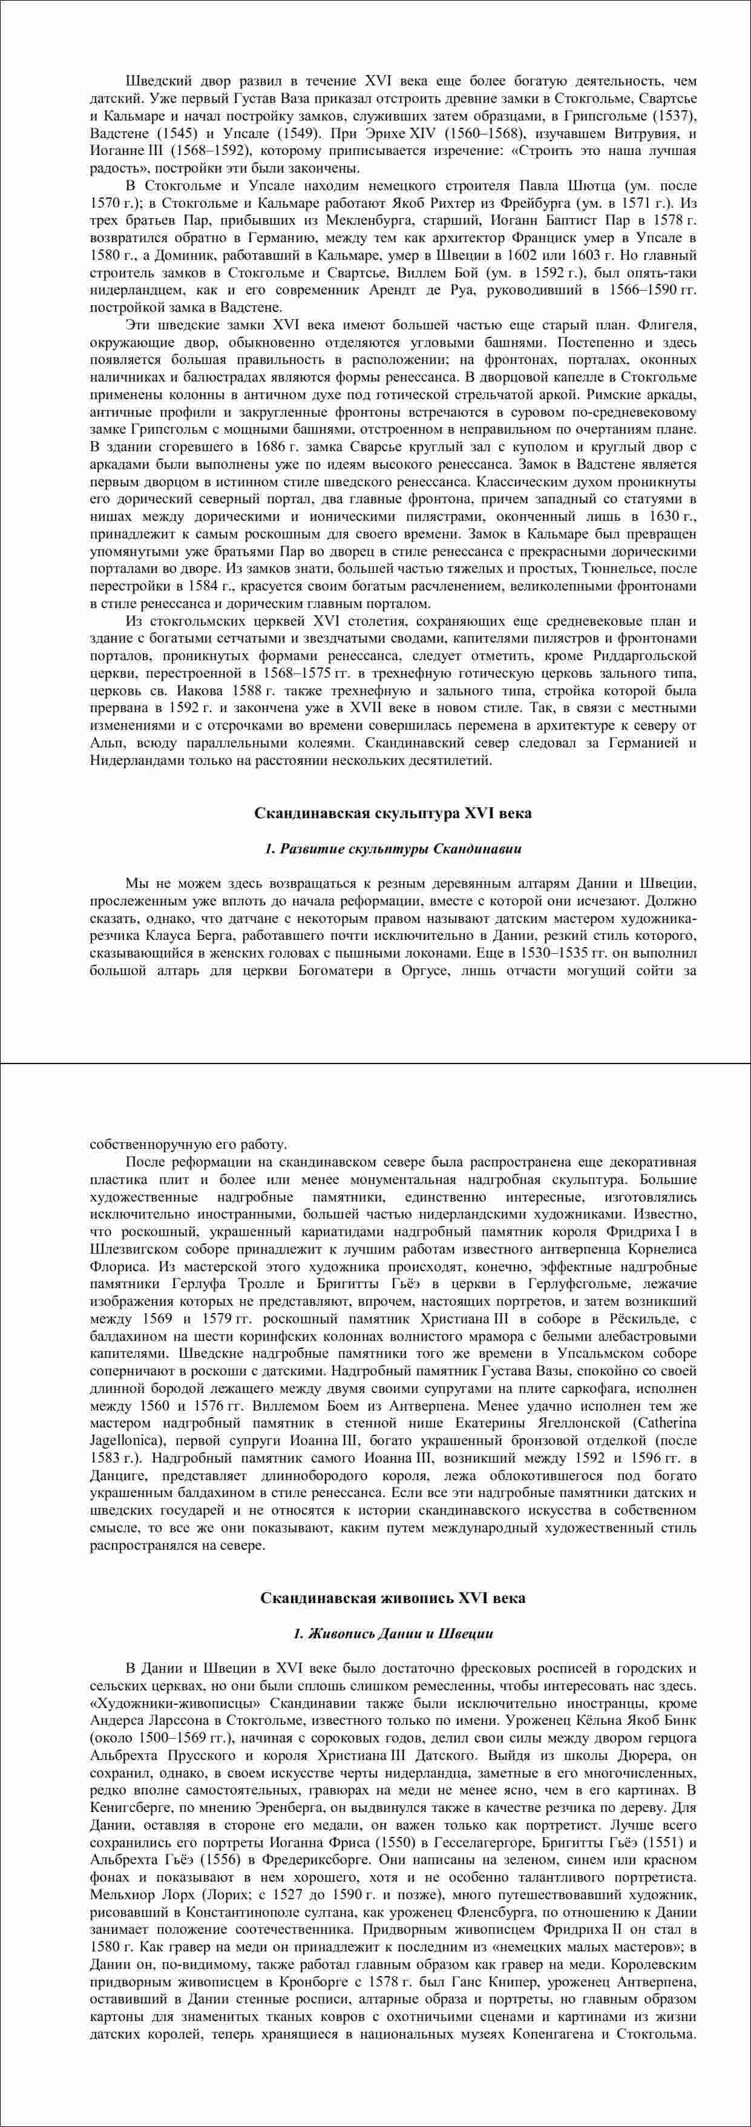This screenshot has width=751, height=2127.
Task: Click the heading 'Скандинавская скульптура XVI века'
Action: pos(393,813)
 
